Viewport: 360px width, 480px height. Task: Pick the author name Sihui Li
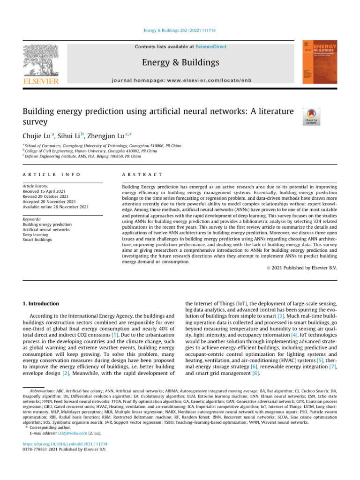69,136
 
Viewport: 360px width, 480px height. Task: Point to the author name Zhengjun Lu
107,136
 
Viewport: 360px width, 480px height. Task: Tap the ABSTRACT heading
142,174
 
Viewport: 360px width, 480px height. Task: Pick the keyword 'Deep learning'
36,235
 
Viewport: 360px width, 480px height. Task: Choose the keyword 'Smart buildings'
37,240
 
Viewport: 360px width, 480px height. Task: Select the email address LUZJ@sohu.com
71,433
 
